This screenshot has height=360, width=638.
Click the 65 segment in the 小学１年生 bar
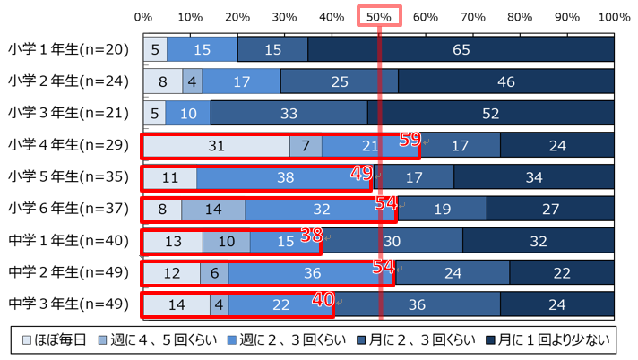[461, 49]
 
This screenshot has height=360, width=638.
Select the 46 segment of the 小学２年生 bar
[506, 81]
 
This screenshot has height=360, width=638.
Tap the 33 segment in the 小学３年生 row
[289, 114]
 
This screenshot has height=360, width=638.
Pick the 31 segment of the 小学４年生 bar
[215, 145]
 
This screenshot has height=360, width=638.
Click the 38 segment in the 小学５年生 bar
[285, 177]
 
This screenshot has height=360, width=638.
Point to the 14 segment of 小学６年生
[212, 210]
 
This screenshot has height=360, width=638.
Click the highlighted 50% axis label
[378, 17]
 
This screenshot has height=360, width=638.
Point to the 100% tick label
[614, 17]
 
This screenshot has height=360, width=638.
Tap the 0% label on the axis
[142, 17]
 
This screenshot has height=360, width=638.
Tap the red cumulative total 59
[410, 139]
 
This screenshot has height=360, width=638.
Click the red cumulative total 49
[362, 171]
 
